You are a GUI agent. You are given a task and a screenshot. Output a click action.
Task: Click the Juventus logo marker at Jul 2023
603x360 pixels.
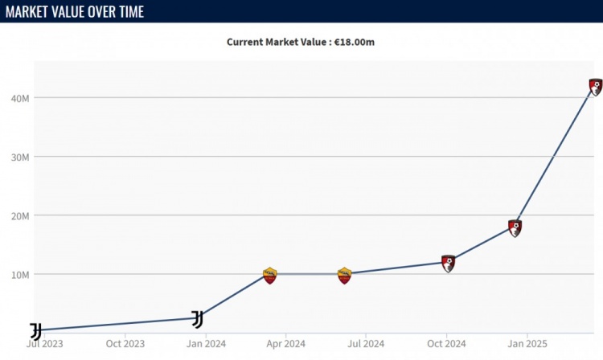35,331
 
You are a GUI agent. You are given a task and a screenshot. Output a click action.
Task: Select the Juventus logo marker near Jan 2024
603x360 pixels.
197,319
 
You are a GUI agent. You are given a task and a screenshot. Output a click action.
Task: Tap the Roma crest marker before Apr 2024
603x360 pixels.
270,276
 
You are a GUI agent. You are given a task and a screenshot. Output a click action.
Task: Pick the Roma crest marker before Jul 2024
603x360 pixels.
344,276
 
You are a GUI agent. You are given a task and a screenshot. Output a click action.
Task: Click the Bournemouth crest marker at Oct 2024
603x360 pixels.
449,263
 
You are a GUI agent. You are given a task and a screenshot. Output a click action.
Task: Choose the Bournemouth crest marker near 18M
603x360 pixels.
515,227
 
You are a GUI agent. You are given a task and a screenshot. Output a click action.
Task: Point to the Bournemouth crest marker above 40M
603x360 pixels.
596,87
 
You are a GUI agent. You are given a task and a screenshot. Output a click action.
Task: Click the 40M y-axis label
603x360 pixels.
20,98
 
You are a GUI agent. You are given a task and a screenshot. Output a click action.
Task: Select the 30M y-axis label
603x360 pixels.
20,157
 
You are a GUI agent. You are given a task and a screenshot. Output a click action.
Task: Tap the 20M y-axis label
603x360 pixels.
20,215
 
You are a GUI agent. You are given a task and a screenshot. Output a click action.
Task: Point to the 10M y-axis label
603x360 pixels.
20,274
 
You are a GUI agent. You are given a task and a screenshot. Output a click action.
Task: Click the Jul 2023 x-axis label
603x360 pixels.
45,344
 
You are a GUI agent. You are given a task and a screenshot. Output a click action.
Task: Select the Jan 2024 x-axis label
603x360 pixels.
207,344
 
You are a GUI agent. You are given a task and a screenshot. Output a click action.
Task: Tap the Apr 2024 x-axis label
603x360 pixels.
284,344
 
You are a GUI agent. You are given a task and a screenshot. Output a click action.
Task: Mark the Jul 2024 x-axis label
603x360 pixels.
365,344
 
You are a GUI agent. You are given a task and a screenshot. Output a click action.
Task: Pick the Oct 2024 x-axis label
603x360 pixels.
445,344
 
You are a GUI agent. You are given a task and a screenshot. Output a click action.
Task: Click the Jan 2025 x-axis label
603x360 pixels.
527,344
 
